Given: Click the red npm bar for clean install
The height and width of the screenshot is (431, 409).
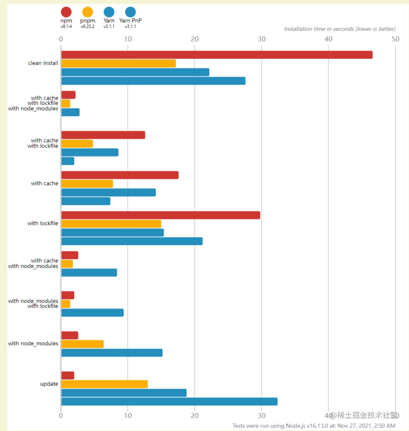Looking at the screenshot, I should pyautogui.click(x=217, y=55).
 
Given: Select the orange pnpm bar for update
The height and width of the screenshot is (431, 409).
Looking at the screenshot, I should pyautogui.click(x=104, y=384).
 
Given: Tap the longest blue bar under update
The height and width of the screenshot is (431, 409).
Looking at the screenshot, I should pyautogui.click(x=169, y=402).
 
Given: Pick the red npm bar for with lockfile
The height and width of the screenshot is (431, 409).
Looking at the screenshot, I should pyautogui.click(x=161, y=215).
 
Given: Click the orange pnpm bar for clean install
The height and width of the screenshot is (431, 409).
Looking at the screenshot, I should pyautogui.click(x=118, y=63).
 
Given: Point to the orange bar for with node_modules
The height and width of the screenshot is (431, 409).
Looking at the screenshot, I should pyautogui.click(x=82, y=344).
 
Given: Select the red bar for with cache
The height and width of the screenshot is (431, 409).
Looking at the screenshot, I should pyautogui.click(x=120, y=175).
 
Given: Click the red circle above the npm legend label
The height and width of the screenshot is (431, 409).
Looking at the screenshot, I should pyautogui.click(x=66, y=12).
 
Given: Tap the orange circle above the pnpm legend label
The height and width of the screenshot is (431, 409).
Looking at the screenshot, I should pyautogui.click(x=88, y=12).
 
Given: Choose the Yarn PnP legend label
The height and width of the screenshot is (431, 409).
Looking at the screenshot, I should pyautogui.click(x=130, y=20).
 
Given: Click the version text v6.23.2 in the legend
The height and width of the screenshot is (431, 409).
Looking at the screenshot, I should pyautogui.click(x=88, y=26).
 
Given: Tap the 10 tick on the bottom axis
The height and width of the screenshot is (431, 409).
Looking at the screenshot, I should pyautogui.click(x=127, y=415).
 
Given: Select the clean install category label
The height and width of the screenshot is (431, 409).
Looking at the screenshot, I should pyautogui.click(x=43, y=63).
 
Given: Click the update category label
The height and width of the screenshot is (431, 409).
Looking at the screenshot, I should pyautogui.click(x=49, y=384).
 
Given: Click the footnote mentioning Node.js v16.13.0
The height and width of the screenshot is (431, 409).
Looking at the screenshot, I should pyautogui.click(x=313, y=426).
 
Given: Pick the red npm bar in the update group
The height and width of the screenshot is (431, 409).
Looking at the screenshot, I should pyautogui.click(x=68, y=375).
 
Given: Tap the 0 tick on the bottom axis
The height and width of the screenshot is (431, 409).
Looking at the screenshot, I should pyautogui.click(x=61, y=415).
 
